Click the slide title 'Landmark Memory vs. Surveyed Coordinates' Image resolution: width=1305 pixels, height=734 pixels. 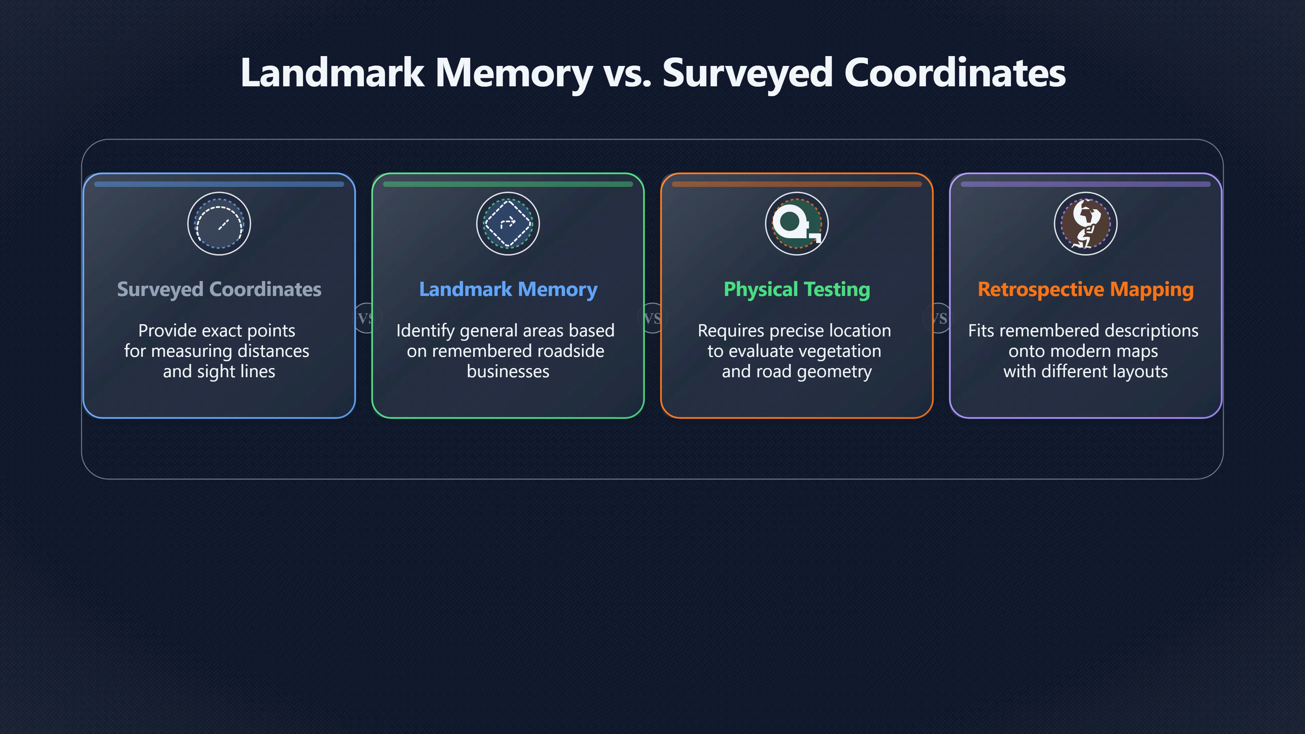pyautogui.click(x=652, y=73)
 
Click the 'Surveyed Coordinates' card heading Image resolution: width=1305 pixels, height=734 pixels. pyautogui.click(x=219, y=289)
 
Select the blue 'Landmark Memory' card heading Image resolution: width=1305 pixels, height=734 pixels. pyautogui.click(x=508, y=289)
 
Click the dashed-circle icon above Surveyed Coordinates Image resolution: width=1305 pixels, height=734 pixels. pyautogui.click(x=219, y=223)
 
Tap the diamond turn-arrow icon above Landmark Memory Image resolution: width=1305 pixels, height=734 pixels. pyautogui.click(x=508, y=223)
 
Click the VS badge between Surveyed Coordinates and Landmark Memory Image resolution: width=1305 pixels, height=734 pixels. pyautogui.click(x=365, y=318)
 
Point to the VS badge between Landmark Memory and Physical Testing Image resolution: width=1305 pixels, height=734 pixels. pyautogui.click(x=652, y=318)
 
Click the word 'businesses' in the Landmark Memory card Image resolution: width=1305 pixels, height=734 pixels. pyautogui.click(x=508, y=371)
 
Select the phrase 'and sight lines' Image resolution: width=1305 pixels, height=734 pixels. pyautogui.click(x=219, y=372)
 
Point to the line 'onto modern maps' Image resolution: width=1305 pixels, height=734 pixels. pyautogui.click(x=1083, y=351)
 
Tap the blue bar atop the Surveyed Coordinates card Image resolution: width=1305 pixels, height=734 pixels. pyautogui.click(x=219, y=185)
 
